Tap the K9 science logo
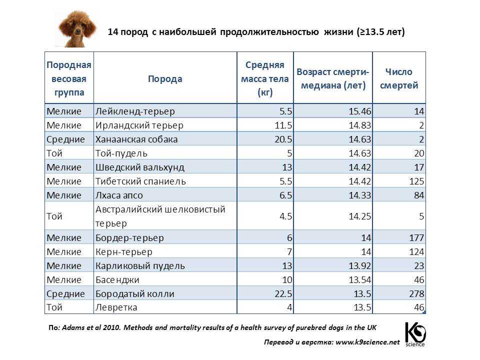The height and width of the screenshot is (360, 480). coord(414,334)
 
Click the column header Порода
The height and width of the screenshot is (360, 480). coord(165,78)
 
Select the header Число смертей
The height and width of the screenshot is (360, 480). coord(398,78)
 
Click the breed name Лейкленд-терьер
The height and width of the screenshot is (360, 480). coord(134,111)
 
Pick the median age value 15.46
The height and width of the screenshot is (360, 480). coord(352,111)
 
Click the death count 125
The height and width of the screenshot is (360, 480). coord(416,181)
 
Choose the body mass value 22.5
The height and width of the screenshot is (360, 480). coord(283,293)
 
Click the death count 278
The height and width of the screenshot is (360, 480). coord(416,293)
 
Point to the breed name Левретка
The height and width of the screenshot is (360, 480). coord(116,307)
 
